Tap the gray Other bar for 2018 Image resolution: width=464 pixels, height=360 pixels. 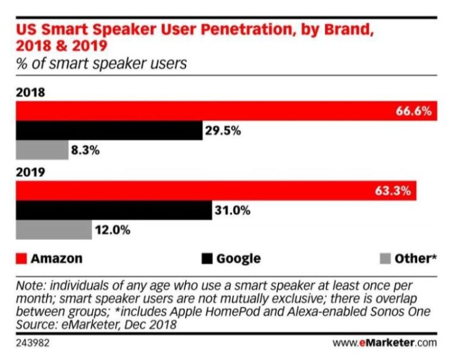coord(42,150)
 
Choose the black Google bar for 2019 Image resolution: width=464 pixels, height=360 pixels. coord(113,211)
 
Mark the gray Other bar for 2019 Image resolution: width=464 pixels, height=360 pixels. coord(54,230)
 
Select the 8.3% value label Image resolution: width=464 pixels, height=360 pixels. coord(85,150)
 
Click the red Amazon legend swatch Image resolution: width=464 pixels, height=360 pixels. coord(21,258)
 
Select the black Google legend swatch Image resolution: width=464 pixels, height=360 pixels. coord(206,258)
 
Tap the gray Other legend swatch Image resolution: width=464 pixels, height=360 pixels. coord(385,258)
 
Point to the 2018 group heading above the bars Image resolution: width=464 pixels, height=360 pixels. coord(31,93)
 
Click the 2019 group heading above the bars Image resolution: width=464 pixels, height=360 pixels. coord(31,173)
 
